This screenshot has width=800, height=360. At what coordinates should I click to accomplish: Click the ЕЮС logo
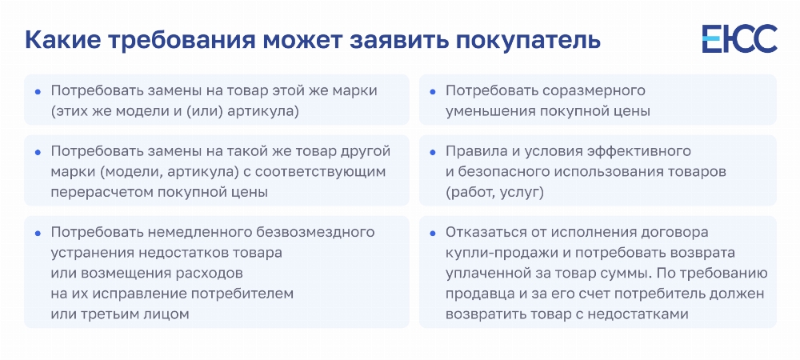point(739,38)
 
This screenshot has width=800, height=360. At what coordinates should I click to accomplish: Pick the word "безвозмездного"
point(315,233)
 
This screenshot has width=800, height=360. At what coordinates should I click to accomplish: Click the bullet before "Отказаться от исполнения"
point(433,233)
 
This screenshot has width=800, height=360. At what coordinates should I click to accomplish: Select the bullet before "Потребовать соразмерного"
point(433,92)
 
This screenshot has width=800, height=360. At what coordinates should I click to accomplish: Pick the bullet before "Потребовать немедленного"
point(38,233)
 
